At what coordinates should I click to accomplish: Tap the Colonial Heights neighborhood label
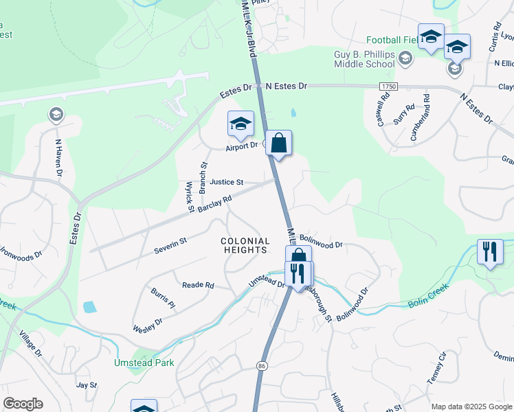(243, 245)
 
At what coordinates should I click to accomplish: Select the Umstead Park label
(144, 363)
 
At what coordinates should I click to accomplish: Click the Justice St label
(227, 183)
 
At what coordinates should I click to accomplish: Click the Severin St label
(170, 243)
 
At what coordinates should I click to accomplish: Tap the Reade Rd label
(198, 285)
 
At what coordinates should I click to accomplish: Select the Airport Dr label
(241, 146)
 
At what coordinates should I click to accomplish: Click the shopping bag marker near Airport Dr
(279, 144)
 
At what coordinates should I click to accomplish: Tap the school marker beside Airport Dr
(241, 124)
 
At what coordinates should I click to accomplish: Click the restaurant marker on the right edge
(490, 251)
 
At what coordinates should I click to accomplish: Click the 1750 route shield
(388, 87)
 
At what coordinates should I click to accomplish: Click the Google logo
(23, 404)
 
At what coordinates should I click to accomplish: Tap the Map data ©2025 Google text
(472, 407)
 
